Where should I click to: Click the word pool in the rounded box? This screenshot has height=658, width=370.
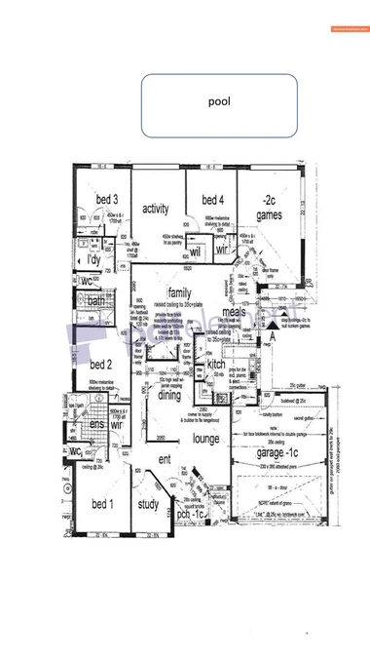219,101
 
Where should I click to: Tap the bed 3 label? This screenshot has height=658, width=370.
106,200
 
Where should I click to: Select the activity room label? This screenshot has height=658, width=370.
157,209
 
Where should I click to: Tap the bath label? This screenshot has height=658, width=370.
95,301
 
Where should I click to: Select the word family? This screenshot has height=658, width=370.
179,292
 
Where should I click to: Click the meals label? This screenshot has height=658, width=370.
233,312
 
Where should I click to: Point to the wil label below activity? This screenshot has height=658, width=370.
195,251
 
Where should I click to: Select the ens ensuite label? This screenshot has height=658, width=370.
96,425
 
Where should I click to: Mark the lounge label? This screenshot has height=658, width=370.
205,440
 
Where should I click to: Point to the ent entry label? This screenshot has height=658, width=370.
166,459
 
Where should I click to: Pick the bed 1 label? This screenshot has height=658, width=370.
102,504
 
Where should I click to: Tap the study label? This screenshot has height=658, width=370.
148,504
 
